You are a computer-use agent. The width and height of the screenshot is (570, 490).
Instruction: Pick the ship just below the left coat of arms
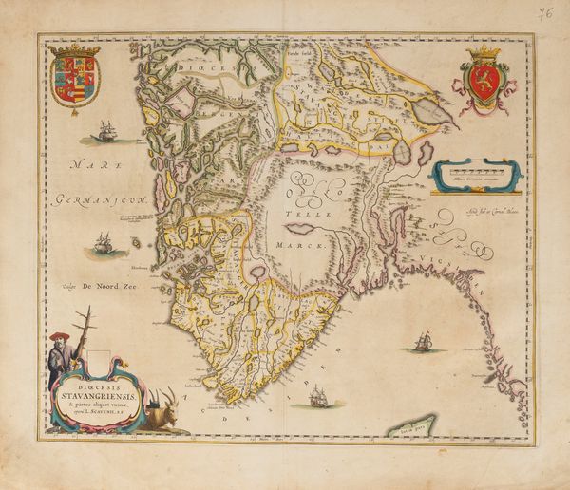click(x=105, y=131)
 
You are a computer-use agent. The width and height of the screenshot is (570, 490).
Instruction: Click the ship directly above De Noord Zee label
click(x=104, y=244)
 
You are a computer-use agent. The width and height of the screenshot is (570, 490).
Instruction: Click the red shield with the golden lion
click(x=484, y=82)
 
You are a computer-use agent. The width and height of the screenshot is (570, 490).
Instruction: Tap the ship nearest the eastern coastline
click(x=422, y=342)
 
